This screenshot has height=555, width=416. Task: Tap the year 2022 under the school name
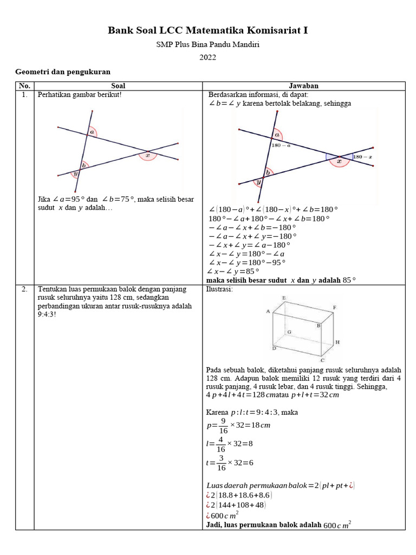(207, 57)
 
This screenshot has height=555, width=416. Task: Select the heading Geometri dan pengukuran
(63, 72)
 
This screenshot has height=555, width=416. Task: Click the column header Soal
(118, 86)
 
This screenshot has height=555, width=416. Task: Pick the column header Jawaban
(303, 86)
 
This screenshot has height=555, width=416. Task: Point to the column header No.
(24, 86)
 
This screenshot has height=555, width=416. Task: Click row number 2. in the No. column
(24, 289)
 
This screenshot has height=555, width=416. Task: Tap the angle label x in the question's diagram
(147, 154)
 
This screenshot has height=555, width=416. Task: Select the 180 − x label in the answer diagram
(361, 157)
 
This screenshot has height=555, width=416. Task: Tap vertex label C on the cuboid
(322, 359)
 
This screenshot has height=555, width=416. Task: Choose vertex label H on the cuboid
(337, 343)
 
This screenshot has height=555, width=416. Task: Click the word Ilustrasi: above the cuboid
(219, 289)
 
